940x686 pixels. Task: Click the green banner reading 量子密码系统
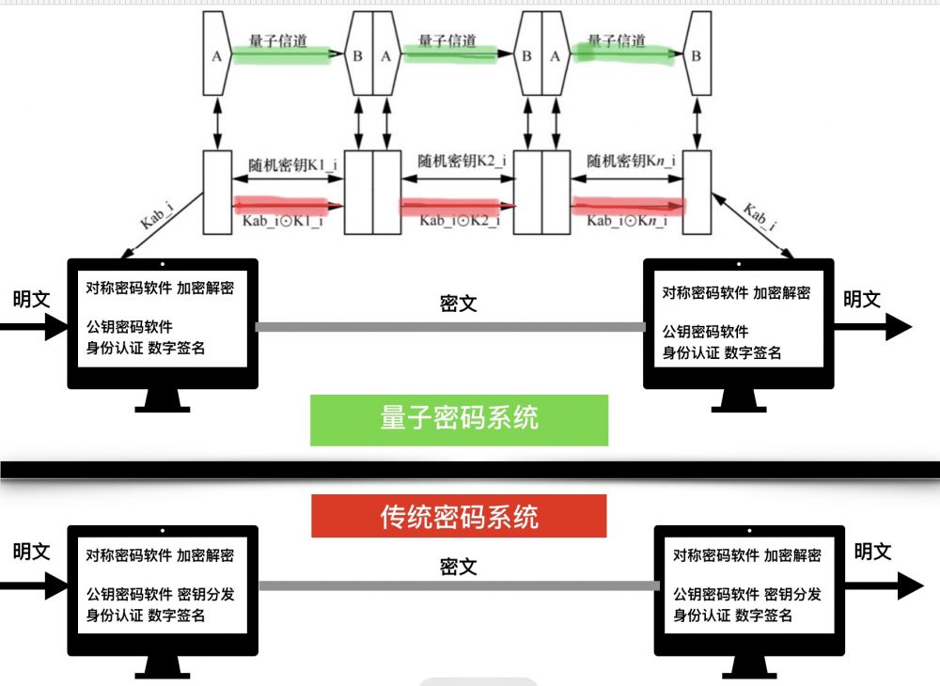coord(459,419)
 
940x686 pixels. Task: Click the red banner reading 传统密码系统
coord(459,517)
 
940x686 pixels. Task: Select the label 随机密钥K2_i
coord(462,162)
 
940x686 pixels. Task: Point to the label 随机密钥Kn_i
coord(628,162)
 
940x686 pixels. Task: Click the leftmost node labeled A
coord(216,55)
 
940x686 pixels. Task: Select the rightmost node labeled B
coord(696,55)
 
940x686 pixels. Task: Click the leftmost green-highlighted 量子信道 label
coord(277,41)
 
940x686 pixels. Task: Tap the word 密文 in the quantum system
coord(459,304)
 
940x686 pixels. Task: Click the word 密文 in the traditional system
coord(459,567)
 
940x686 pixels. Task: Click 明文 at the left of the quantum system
coord(31,300)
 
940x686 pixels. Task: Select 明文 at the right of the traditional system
coord(872,552)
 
